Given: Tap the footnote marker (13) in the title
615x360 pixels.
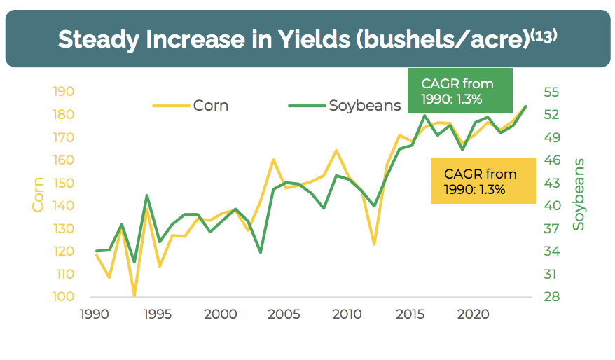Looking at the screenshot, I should pos(543,34).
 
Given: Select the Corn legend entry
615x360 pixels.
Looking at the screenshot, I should pos(211,106).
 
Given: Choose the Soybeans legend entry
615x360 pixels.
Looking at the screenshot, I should pos(364,106).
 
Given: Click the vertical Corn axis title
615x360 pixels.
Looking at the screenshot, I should pos(39,194).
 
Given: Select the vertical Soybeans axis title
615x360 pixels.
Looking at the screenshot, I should pos(579,194).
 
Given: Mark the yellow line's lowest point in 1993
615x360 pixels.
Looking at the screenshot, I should pos(134,296).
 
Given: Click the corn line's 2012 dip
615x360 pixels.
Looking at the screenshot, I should pos(374,244).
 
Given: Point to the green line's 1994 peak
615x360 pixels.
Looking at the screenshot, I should pos(146,195).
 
